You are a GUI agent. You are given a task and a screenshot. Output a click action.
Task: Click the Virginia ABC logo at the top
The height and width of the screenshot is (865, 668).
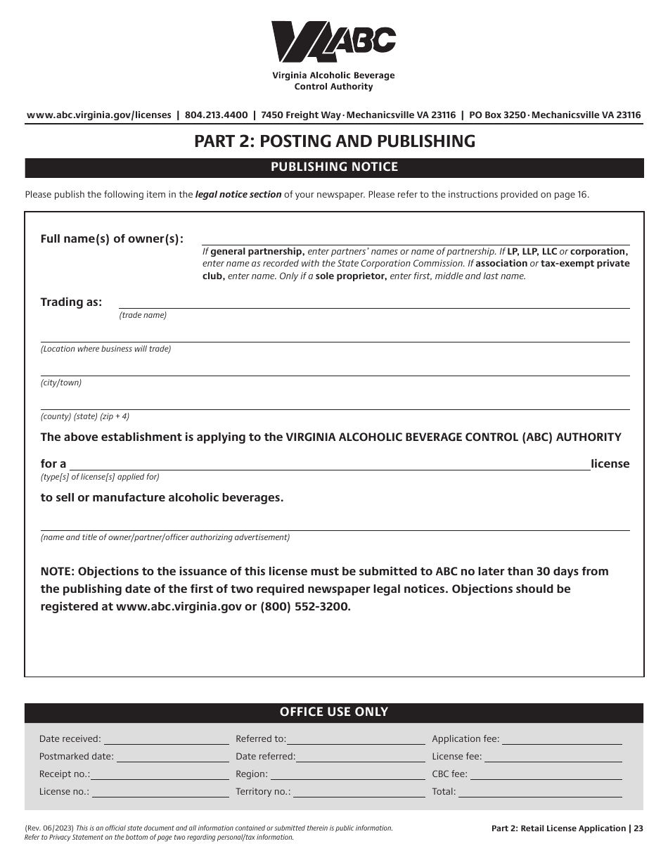coord(333,42)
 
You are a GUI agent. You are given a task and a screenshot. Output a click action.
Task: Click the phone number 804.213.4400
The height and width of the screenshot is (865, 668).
coord(216,115)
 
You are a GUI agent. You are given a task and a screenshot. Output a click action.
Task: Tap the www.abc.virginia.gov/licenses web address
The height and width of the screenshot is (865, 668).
coord(98,115)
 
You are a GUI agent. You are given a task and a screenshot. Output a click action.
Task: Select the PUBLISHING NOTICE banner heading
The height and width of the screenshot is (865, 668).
coord(334,167)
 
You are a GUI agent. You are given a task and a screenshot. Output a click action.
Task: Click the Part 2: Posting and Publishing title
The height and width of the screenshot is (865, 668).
coord(334,141)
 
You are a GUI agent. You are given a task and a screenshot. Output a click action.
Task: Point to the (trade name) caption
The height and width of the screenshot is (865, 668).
coord(143,315)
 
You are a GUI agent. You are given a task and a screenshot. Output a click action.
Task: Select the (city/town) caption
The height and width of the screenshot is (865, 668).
coord(61,383)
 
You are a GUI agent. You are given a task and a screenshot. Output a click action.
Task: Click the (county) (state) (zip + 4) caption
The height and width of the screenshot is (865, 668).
coord(85,416)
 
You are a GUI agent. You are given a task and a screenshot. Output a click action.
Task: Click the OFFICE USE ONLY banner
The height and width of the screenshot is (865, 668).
coord(334,712)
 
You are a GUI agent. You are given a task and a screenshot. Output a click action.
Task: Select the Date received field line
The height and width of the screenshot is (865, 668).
coord(166,739)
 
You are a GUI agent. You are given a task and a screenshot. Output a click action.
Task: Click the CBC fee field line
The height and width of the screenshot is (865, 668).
coord(546,774)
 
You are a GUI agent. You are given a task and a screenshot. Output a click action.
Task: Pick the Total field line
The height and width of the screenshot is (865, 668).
coord(539,792)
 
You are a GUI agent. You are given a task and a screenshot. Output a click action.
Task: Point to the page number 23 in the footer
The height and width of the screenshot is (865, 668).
coord(638,828)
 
